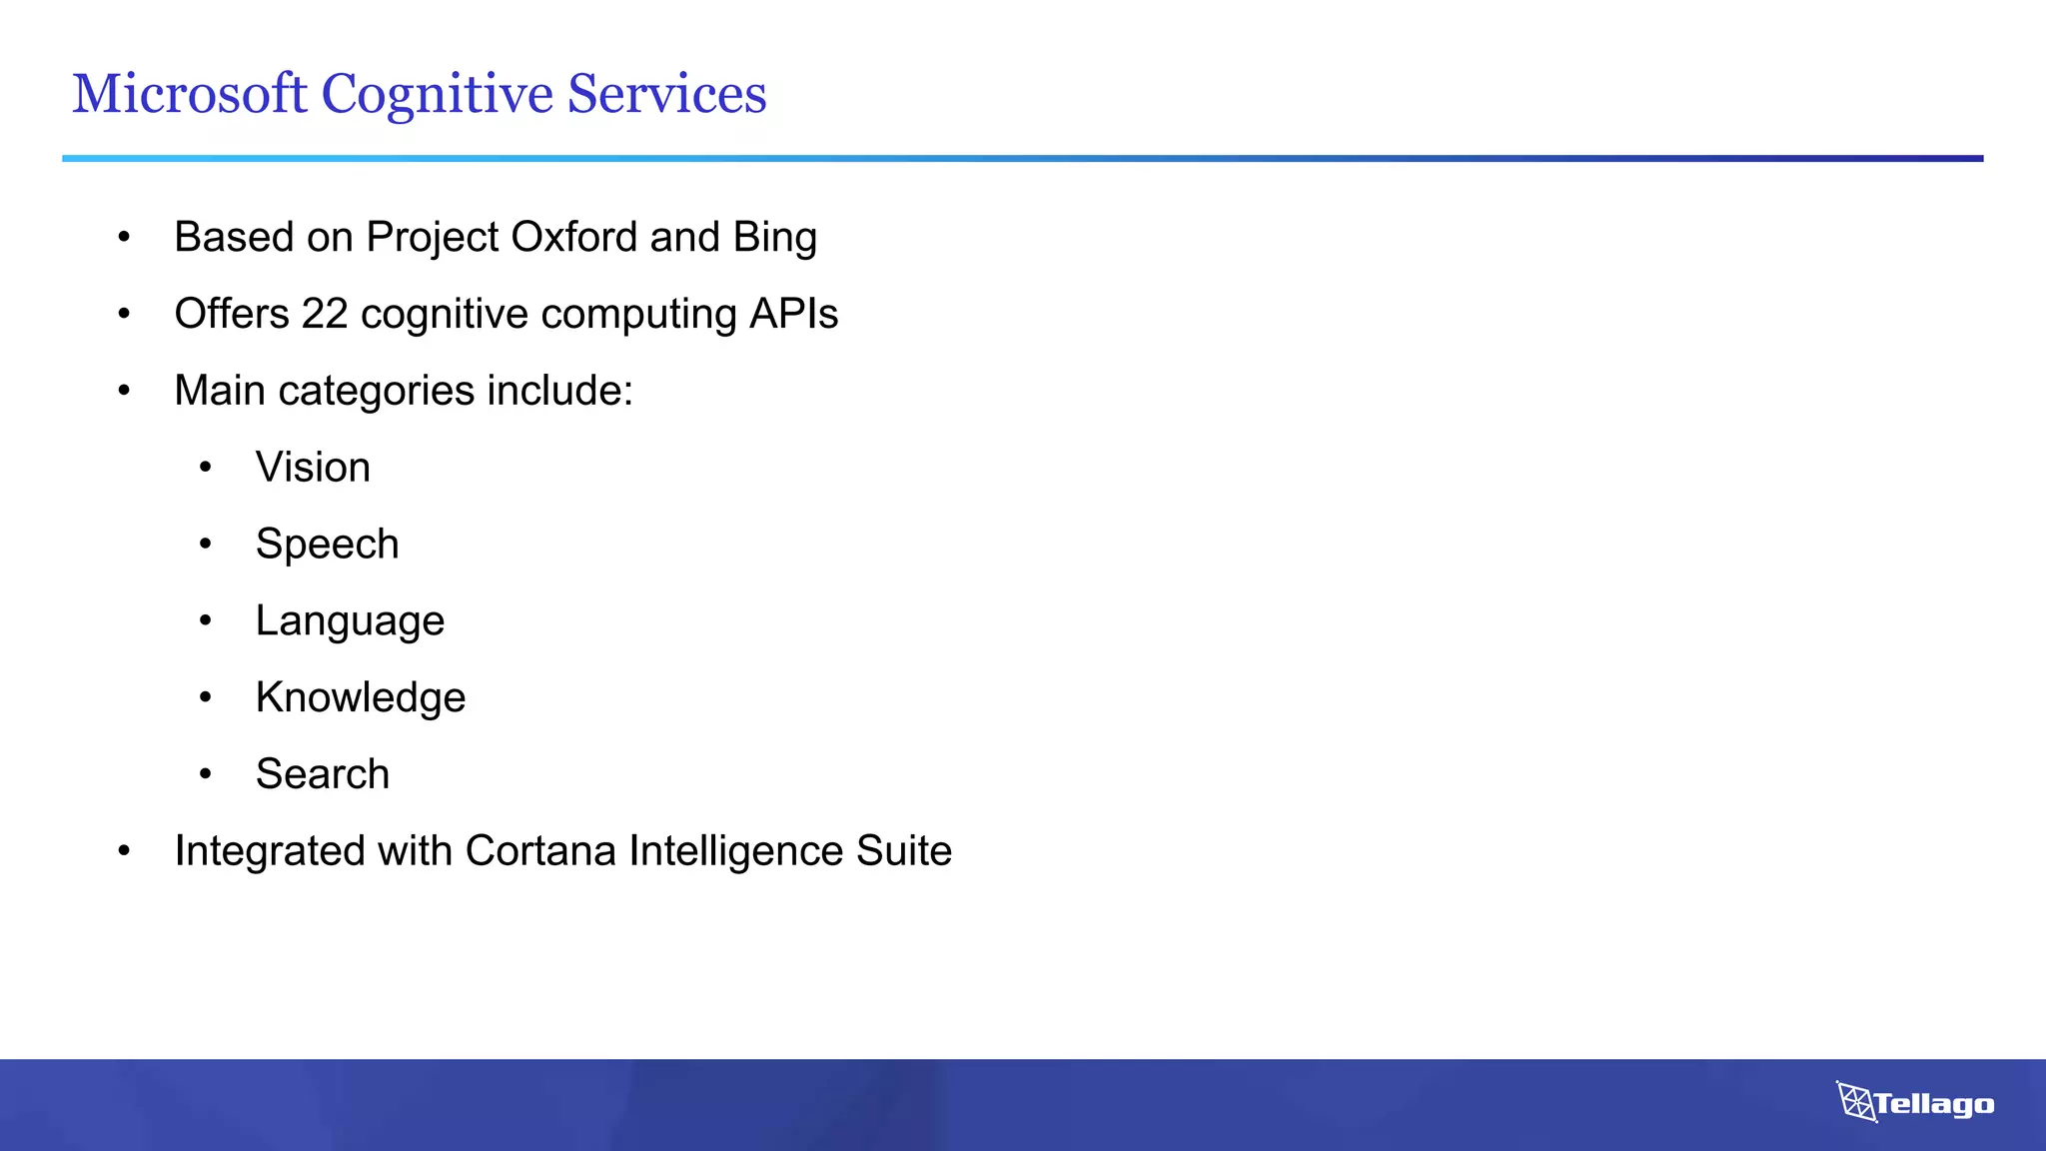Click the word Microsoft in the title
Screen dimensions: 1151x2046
tap(189, 94)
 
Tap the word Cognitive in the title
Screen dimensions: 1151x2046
tap(437, 96)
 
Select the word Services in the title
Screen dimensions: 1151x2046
tap(666, 94)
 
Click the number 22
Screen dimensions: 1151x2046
tap(325, 314)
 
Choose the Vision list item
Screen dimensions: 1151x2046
tap(313, 468)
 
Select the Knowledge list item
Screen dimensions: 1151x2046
tap(360, 697)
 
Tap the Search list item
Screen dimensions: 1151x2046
tap(322, 774)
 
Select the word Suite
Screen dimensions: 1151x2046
tap(903, 851)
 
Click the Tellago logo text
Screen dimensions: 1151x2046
tap(1934, 1104)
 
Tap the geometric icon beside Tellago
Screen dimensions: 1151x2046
tap(1856, 1102)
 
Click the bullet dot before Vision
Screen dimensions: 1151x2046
tap(205, 468)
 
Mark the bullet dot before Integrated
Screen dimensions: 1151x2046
tap(124, 851)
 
